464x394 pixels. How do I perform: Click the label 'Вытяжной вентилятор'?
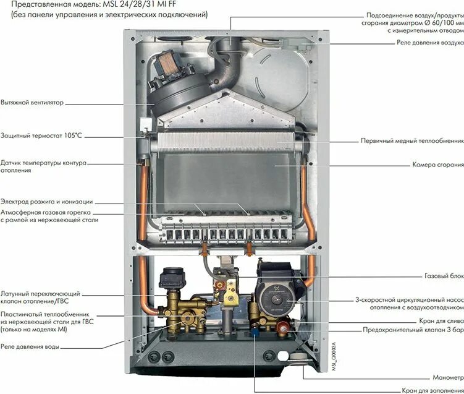32,103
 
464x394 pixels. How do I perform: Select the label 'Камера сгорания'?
437,165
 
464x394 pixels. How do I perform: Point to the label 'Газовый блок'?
444,276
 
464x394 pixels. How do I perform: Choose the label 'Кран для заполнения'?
432,390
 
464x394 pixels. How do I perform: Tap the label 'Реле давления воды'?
30,347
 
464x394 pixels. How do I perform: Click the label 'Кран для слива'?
440,321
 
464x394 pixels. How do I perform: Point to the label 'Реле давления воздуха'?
429,43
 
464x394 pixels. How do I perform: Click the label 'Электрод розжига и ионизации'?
46,202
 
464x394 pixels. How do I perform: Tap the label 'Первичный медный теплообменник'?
412,140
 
